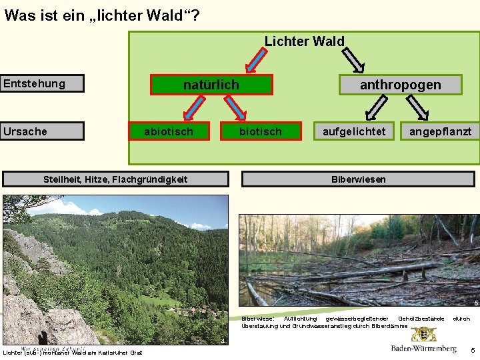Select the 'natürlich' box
(x=211, y=85)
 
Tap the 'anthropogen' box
(x=400, y=85)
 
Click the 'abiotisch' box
(x=169, y=131)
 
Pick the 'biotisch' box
(x=261, y=131)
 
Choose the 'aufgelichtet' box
(x=354, y=131)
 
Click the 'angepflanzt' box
(x=440, y=131)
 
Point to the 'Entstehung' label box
(x=42, y=83)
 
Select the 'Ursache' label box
(x=42, y=131)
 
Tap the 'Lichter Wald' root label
(x=305, y=41)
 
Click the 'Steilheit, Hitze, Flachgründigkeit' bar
(x=115, y=179)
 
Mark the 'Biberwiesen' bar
(x=359, y=179)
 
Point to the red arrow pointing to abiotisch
(x=194, y=107)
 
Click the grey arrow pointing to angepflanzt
(x=419, y=107)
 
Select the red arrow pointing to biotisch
(x=234, y=107)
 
